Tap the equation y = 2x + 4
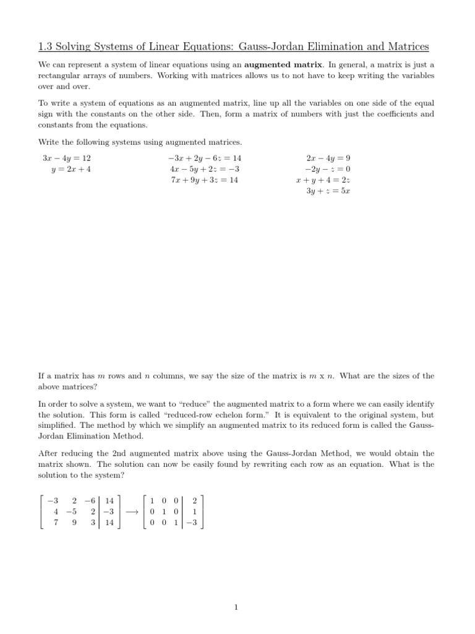[71, 169]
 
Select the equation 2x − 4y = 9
[328, 158]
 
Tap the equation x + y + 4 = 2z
[323, 180]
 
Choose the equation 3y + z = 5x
[328, 191]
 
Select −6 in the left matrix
[92, 501]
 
